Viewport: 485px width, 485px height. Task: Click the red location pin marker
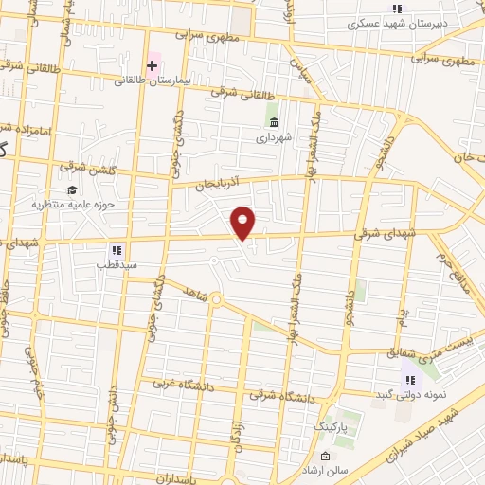click(x=244, y=222)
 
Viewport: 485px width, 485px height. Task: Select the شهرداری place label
click(x=275, y=138)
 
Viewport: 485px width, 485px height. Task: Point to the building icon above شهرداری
click(x=275, y=123)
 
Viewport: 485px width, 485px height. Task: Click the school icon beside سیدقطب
click(x=116, y=250)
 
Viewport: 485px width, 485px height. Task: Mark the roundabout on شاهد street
click(x=216, y=300)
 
